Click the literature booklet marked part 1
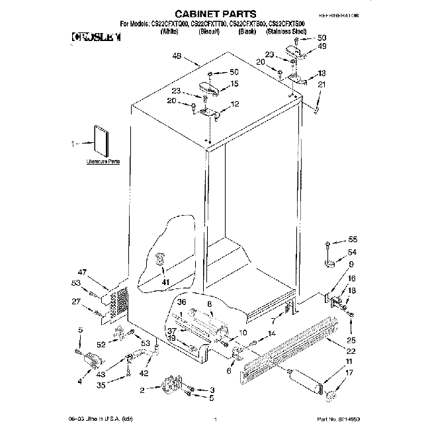[x=101, y=141]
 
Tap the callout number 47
[x=82, y=272]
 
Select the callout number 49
[x=322, y=46]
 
